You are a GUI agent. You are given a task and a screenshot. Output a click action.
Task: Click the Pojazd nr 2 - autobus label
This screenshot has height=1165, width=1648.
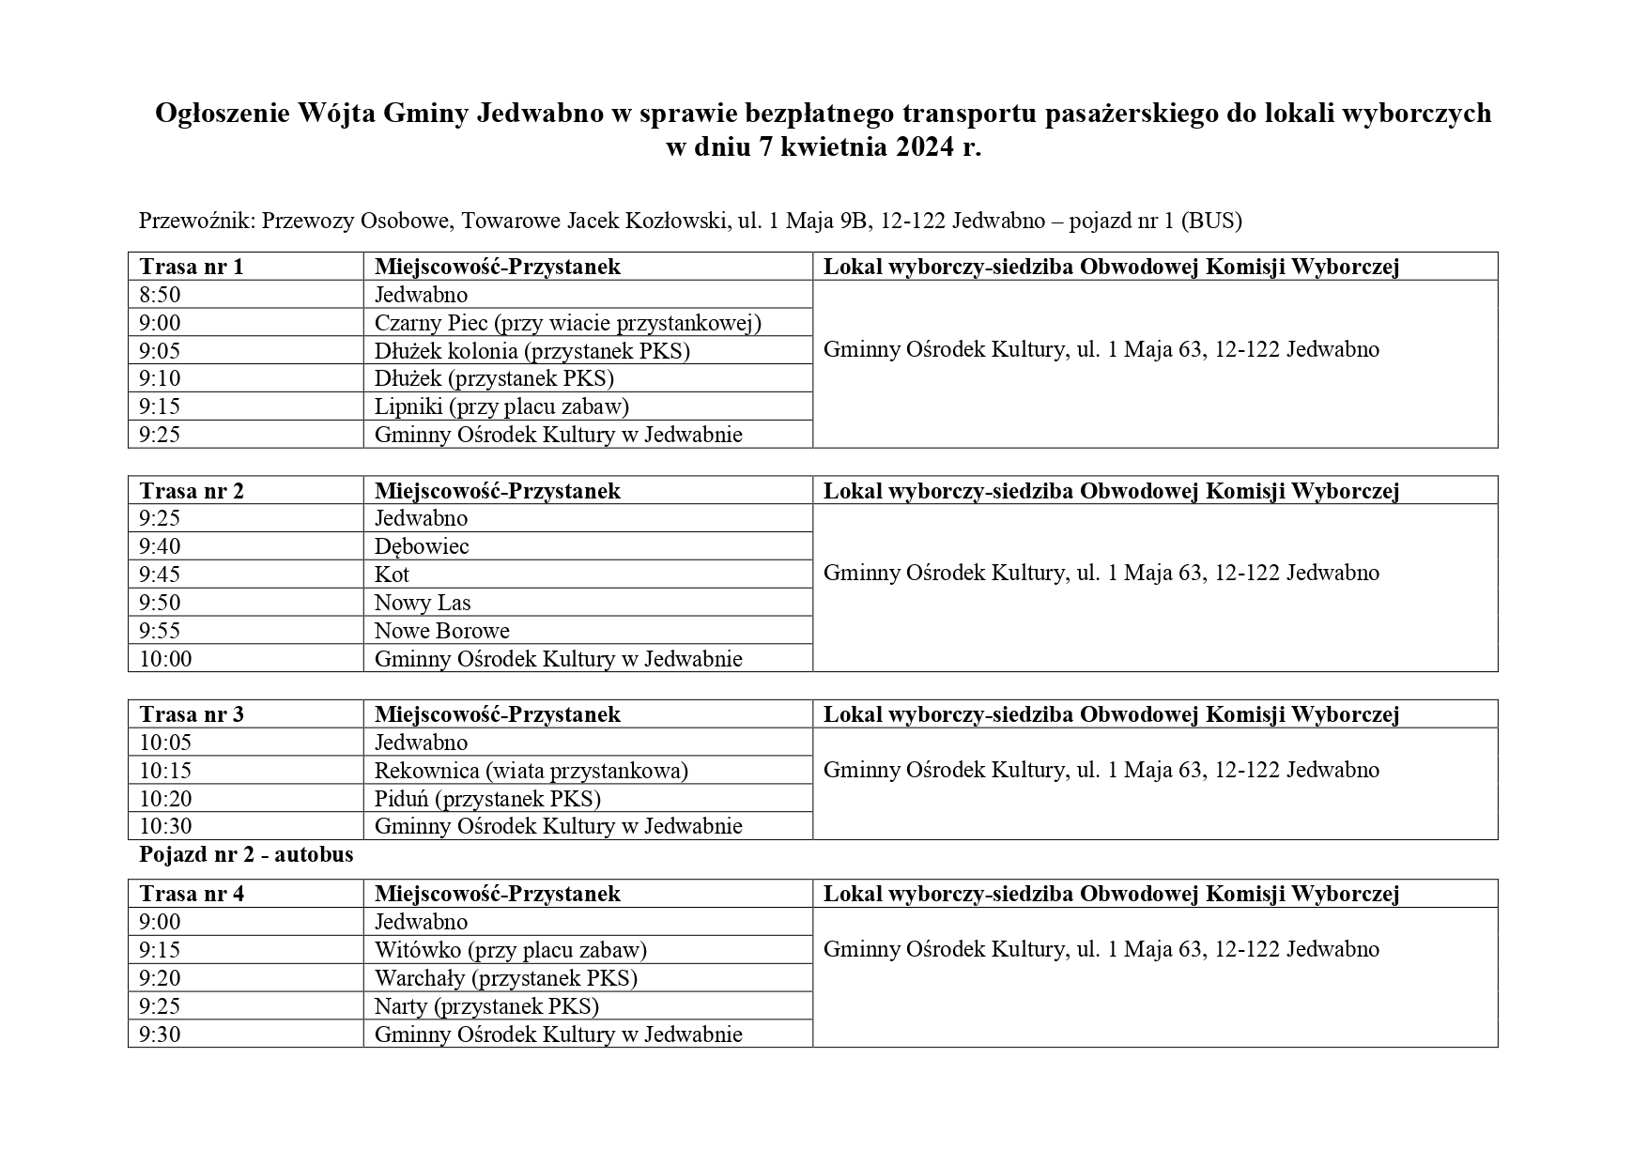tap(246, 855)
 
